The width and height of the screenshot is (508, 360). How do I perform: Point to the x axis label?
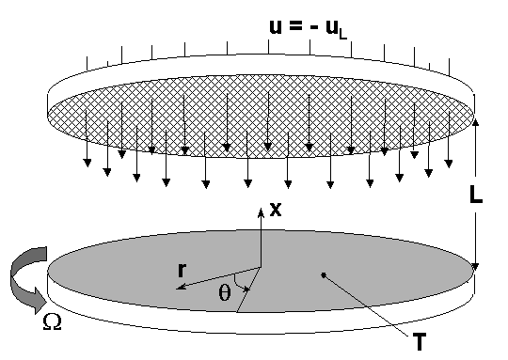click(275, 210)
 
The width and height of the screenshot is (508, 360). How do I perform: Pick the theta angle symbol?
click(223, 291)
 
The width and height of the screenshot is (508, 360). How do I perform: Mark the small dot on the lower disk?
click(323, 274)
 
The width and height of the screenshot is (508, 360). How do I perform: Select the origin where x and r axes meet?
click(261, 266)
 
